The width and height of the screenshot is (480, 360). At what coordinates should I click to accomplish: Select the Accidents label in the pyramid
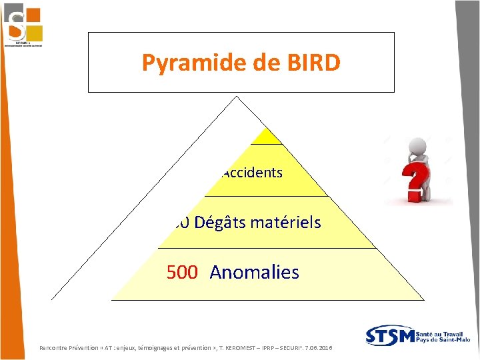click(252, 173)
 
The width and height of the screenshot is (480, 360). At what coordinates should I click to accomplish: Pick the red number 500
click(182, 272)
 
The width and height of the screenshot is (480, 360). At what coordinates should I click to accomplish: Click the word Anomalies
click(254, 272)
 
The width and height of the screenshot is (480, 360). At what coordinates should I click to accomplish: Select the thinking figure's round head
click(418, 145)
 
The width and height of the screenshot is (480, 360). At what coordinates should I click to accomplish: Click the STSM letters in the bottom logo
click(391, 335)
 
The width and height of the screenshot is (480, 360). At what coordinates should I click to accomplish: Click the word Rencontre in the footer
click(56, 349)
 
